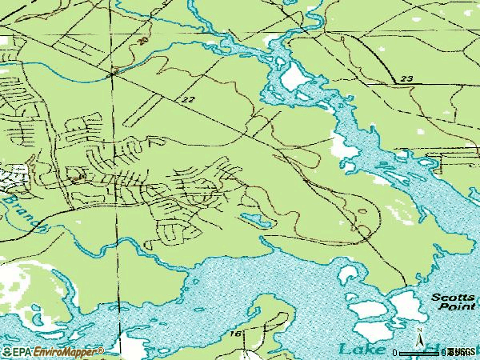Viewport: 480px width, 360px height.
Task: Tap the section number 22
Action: click(189, 100)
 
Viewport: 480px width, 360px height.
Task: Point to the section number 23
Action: click(406, 78)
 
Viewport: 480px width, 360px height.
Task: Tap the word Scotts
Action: click(454, 296)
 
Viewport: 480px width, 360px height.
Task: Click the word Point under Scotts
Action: click(462, 306)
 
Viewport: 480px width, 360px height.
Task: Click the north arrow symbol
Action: click(418, 338)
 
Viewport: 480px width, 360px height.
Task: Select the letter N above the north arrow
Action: click(418, 329)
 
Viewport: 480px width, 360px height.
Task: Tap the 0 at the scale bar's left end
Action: click(396, 352)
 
